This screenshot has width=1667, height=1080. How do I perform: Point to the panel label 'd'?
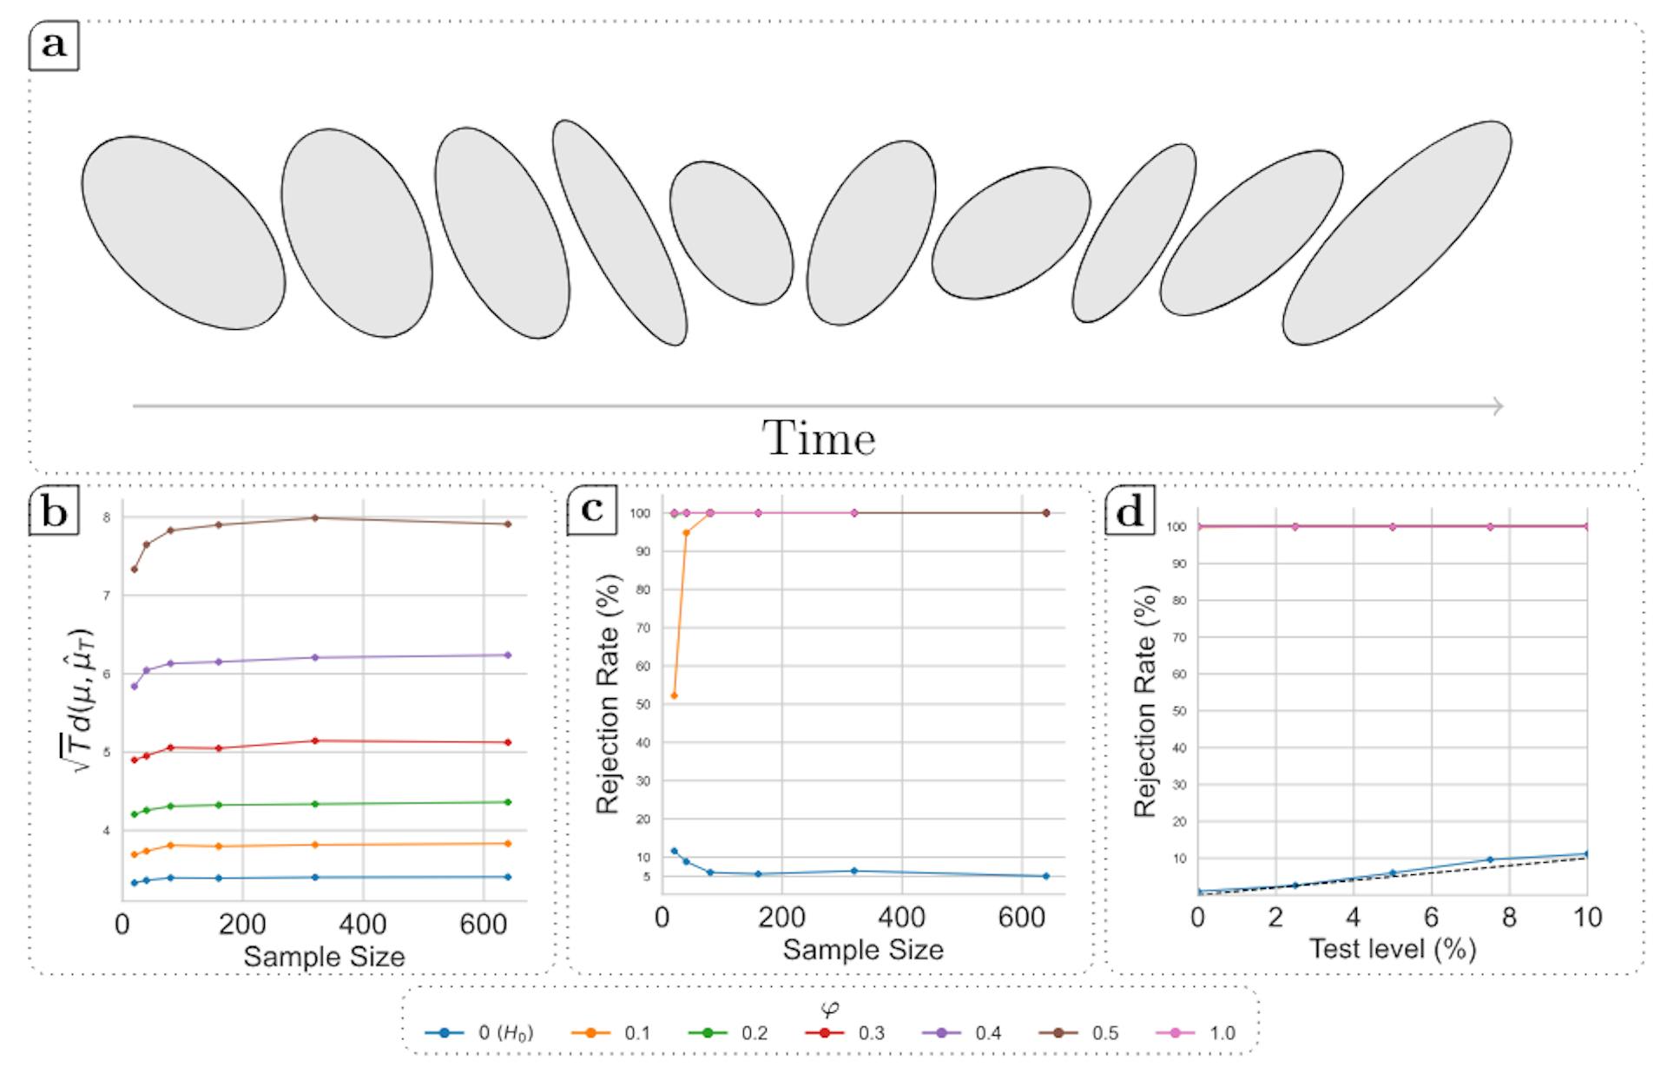click(x=1130, y=512)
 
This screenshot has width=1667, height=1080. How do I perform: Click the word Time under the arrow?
click(x=819, y=439)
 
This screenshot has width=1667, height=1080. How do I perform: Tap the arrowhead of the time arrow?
click(x=1497, y=405)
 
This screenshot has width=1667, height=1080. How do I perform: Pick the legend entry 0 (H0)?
click(x=478, y=1033)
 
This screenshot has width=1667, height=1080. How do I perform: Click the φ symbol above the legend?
click(x=830, y=1008)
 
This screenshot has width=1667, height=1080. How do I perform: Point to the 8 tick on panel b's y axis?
click(x=106, y=518)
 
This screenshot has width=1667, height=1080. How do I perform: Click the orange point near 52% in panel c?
click(x=674, y=696)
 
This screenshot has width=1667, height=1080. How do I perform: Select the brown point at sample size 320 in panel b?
click(x=314, y=518)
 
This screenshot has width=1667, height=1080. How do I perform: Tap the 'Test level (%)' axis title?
click(x=1392, y=949)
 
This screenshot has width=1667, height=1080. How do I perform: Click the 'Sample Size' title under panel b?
click(x=324, y=957)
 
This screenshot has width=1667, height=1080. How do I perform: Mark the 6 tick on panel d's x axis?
click(x=1431, y=918)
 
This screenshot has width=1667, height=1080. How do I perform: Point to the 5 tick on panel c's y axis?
click(x=646, y=877)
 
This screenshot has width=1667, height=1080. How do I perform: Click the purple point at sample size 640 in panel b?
click(x=508, y=655)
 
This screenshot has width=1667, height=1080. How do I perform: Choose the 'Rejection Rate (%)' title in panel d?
click(x=1146, y=701)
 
